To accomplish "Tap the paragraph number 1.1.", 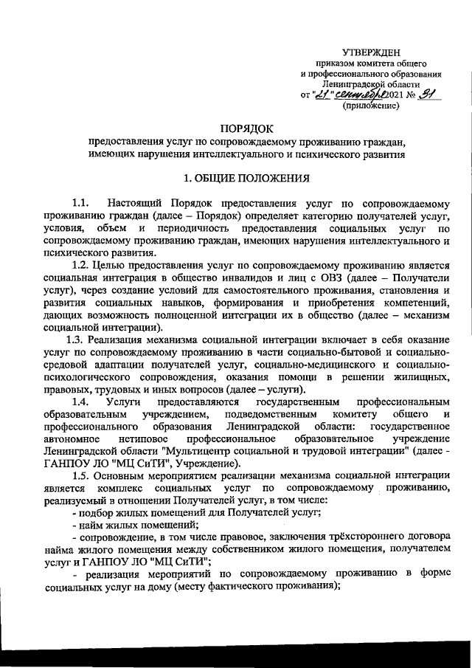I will coord(80,202).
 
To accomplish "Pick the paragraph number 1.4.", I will coord(80,401).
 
